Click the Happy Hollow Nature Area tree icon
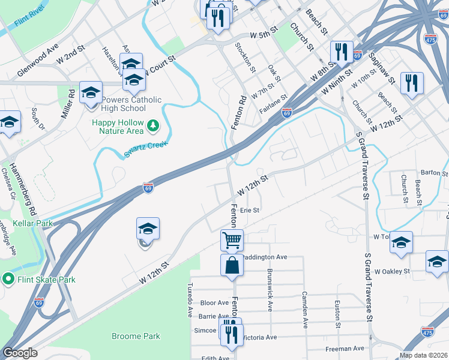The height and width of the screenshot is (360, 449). pos(154,125)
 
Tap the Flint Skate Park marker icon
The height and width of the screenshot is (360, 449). pos(8,279)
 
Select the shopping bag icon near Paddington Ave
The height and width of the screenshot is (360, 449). pos(232,265)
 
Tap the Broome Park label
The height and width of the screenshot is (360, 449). pos(136,336)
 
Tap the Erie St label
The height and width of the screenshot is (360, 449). pos(249,210)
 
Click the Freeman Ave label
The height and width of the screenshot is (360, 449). pos(345,348)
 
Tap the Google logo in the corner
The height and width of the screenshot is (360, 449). pos(19,352)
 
